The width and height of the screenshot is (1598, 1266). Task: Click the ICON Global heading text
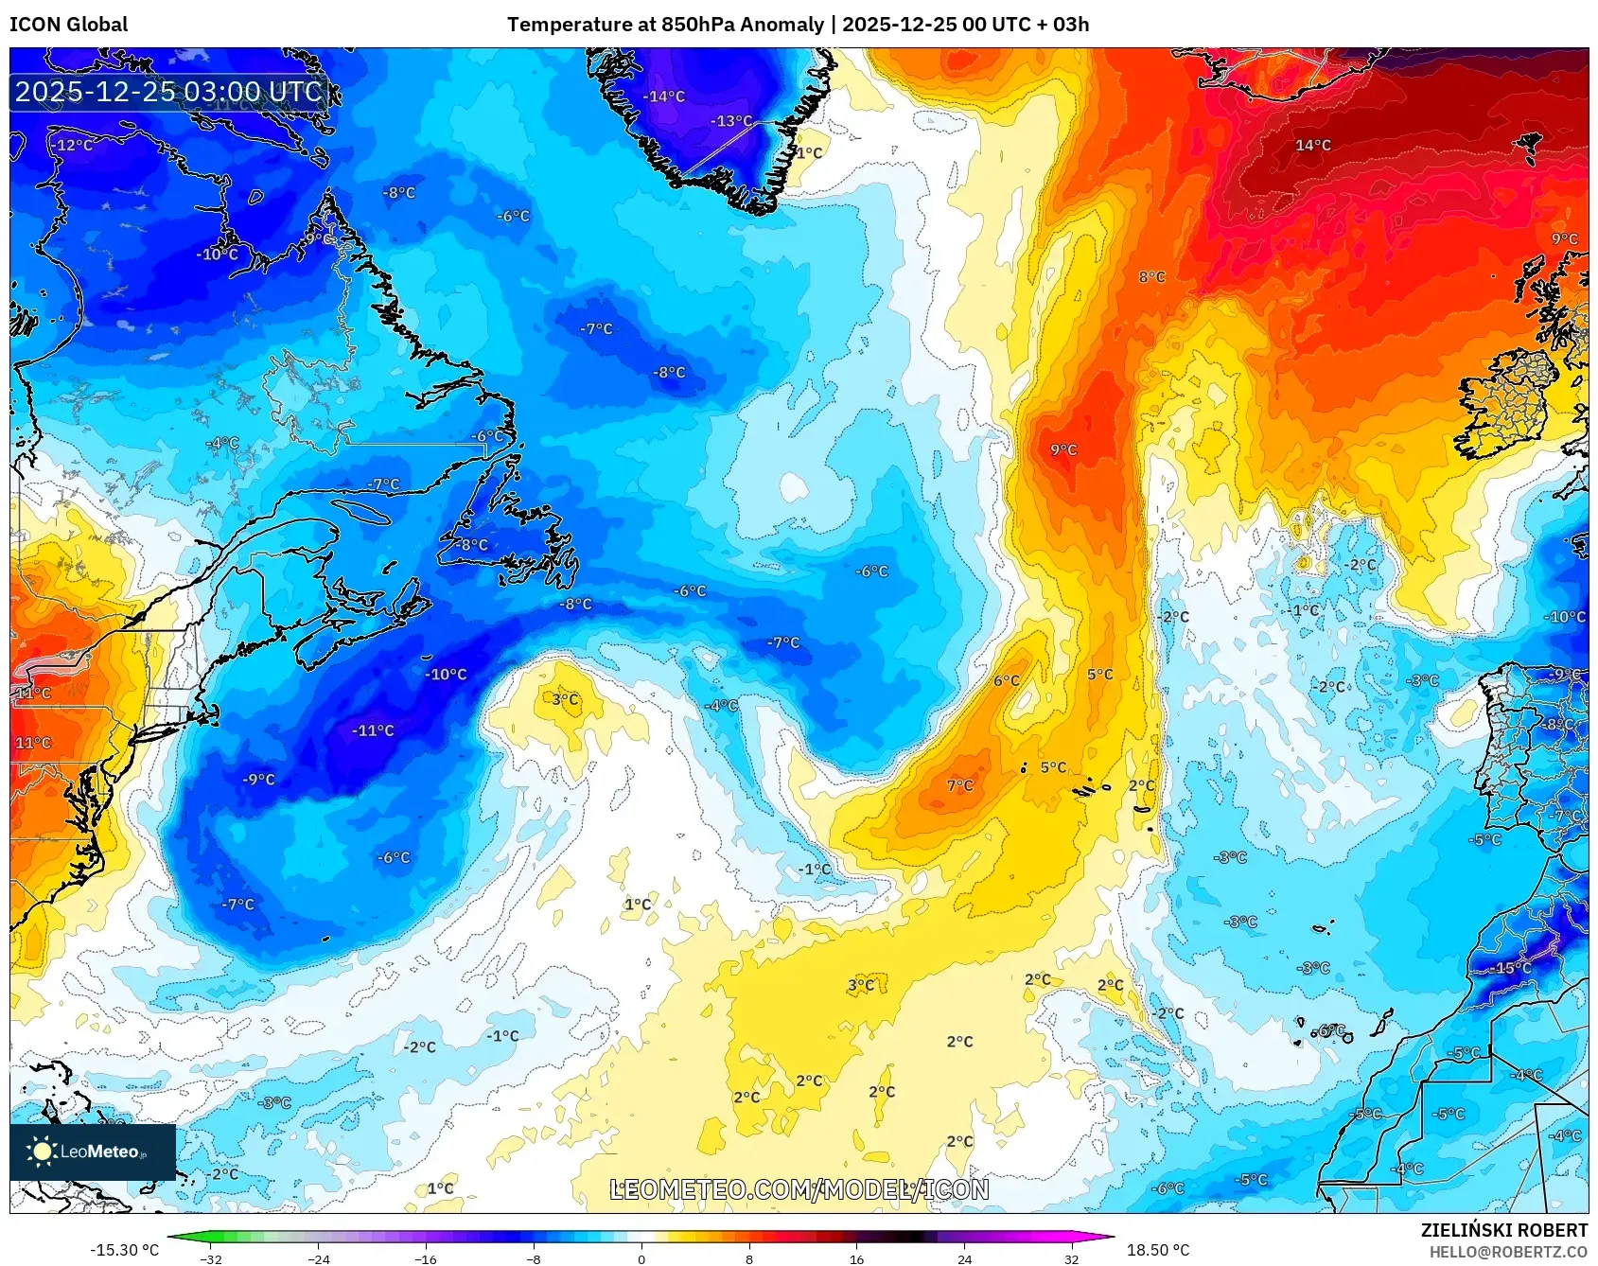coord(68,25)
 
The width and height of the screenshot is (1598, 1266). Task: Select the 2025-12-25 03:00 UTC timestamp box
coord(169,92)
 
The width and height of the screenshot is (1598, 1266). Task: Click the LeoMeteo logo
coord(92,1152)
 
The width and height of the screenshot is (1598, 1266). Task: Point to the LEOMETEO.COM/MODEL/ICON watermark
coord(799,1190)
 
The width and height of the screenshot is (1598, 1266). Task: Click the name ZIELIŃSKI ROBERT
coord(1503,1230)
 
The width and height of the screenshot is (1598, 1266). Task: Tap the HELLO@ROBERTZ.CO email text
coord(1508,1252)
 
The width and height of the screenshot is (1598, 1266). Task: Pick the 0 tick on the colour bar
coord(641,1258)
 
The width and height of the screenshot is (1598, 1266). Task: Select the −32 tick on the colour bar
coord(212,1258)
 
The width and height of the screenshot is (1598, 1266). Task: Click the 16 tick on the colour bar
coord(856,1258)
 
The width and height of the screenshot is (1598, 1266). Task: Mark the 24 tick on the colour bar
coord(964,1258)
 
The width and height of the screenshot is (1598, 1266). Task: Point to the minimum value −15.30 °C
coord(124,1250)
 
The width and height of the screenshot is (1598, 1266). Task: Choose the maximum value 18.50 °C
coord(1158,1250)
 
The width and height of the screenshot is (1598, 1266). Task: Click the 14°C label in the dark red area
coord(1313,146)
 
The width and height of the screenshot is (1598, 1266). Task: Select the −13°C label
coord(731,121)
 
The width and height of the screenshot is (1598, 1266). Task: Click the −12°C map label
coord(72,146)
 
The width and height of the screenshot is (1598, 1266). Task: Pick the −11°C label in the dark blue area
coord(373,730)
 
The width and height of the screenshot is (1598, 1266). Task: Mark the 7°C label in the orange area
coord(959,785)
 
